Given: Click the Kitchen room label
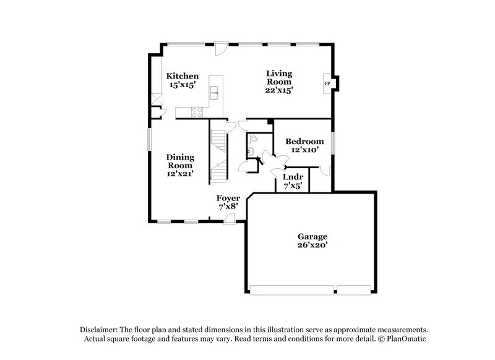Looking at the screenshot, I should (x=183, y=76).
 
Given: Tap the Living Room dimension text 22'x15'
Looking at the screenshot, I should (x=279, y=90).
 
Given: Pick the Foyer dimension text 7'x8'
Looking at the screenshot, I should (x=228, y=207).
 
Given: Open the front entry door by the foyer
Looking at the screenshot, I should (x=230, y=217).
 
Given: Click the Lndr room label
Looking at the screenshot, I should (x=292, y=176).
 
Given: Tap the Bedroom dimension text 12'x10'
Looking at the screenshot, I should (x=304, y=150).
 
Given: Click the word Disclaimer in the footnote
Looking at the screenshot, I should (x=98, y=330).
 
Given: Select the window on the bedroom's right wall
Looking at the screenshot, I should (x=333, y=143).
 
